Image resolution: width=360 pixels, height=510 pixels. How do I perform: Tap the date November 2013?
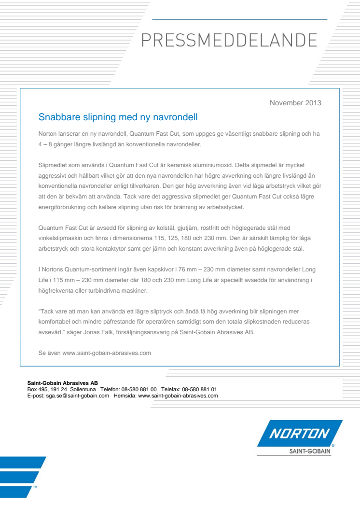pyautogui.click(x=295, y=102)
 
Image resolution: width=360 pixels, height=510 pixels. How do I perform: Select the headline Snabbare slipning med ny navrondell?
pyautogui.click(x=118, y=117)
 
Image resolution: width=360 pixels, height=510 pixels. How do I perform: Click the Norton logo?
pyautogui.click(x=299, y=433)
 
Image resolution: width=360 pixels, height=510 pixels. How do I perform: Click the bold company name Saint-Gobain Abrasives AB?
pyautogui.click(x=63, y=383)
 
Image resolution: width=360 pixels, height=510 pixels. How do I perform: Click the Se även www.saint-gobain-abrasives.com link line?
pyautogui.click(x=95, y=353)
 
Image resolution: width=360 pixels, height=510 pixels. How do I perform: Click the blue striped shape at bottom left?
pyautogui.click(x=22, y=476)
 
